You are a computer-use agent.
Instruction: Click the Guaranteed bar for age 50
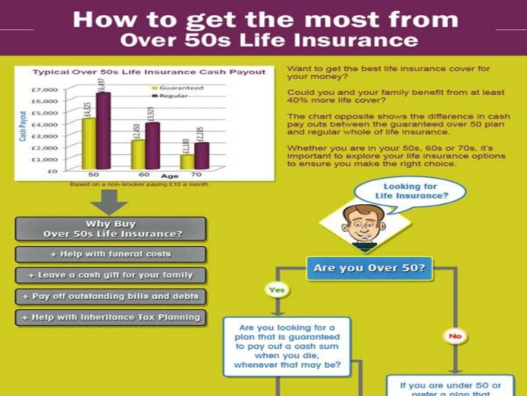tap(89, 144)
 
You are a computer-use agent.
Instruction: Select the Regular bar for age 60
tap(152, 146)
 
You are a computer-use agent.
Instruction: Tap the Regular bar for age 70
tap(201, 156)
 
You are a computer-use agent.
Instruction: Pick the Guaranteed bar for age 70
tap(187, 162)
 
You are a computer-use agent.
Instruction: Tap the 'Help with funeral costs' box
tap(110, 254)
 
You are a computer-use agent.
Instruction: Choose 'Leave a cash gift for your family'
tap(110, 275)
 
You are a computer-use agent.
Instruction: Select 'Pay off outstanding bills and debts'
tap(110, 296)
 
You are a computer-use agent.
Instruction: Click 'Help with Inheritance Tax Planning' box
tap(110, 318)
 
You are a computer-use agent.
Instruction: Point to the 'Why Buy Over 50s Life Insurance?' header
tap(110, 229)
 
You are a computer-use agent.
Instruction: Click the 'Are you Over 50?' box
tap(369, 267)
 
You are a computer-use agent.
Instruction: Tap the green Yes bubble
tap(276, 291)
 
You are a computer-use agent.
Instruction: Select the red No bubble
tap(455, 335)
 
